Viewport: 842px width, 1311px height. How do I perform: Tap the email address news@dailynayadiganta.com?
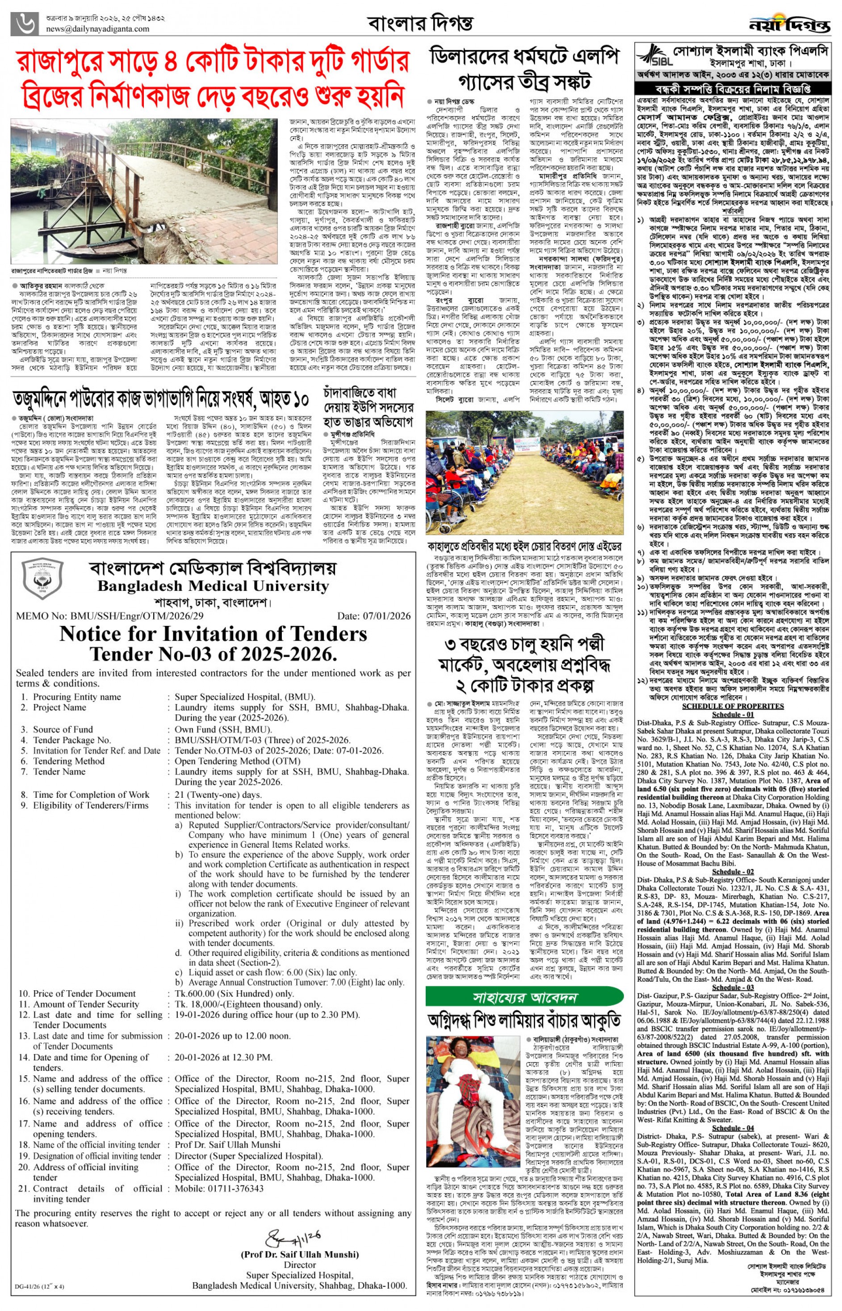(x=97, y=29)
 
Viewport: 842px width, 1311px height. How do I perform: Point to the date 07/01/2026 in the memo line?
(x=373, y=616)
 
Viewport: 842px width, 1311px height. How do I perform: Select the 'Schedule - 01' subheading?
(x=733, y=715)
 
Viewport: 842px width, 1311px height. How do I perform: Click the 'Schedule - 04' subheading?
(x=733, y=1128)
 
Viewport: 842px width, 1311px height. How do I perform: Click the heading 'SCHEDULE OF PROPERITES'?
(x=733, y=706)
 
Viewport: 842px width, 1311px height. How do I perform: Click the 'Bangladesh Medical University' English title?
(x=213, y=586)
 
